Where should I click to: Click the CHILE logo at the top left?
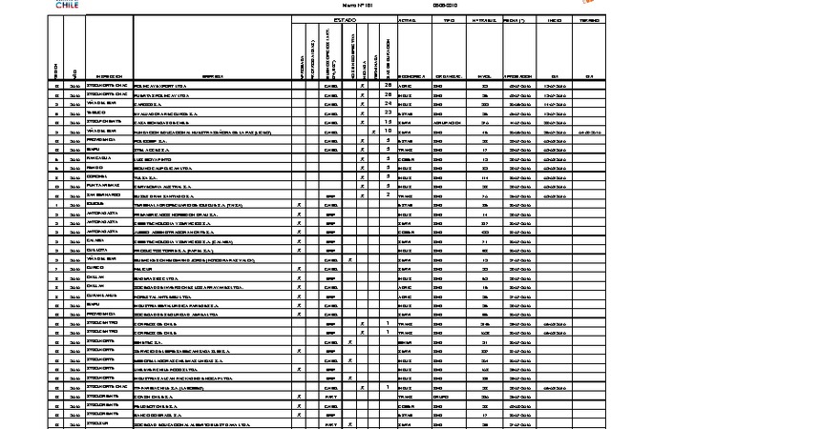(67, 5)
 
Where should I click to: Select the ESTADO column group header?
(344, 19)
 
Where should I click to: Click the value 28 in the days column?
(389, 94)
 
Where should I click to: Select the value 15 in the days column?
(389, 121)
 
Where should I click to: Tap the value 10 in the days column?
(389, 131)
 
